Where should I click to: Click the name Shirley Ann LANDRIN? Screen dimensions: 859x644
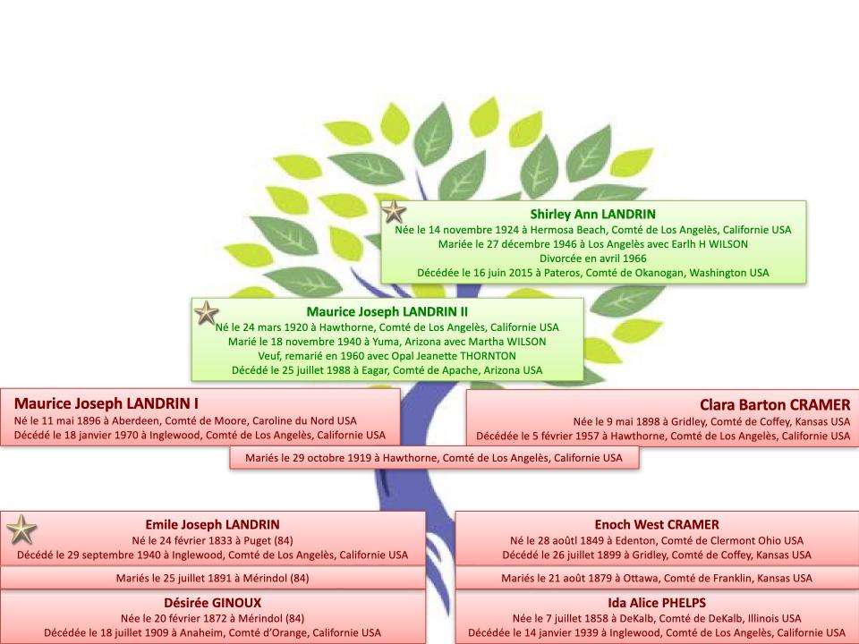pos(592,214)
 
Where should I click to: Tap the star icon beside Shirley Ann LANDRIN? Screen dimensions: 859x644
pos(394,212)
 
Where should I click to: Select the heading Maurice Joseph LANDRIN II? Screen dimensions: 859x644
pos(387,311)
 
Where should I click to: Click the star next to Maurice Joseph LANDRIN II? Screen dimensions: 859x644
pos(207,313)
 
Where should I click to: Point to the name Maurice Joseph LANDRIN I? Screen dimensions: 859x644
pos(106,403)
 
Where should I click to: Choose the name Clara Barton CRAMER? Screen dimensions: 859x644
pos(775,404)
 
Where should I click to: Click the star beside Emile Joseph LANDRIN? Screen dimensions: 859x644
pos(21,530)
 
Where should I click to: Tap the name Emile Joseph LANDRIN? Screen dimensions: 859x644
pos(213,525)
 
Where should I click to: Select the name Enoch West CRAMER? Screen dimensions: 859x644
pos(657,525)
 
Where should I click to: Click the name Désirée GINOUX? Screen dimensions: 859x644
pos(213,603)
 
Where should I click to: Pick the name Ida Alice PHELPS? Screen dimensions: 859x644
pos(657,603)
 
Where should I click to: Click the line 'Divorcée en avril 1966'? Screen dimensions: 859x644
pos(592,258)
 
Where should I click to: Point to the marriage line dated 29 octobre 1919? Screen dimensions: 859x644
pos(434,458)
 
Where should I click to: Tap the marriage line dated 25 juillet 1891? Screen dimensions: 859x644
pos(213,578)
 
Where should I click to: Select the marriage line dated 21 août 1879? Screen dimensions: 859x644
pos(657,578)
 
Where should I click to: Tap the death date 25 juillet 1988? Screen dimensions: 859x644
pos(315,370)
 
